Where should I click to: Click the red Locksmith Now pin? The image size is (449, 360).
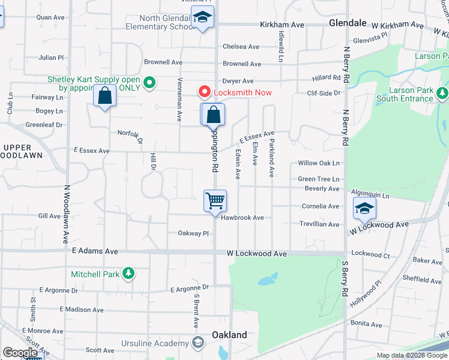coord(204,92)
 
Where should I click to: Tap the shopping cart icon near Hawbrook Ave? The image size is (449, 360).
coord(215,201)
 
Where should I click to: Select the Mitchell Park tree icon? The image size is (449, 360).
coord(128,274)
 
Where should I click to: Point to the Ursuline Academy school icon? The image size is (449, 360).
coord(198,343)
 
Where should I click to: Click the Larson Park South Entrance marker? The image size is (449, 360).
coord(442,93)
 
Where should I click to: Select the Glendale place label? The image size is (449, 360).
coord(348,23)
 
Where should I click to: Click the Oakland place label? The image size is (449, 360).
coord(229,334)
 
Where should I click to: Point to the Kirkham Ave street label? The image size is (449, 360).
coord(282,25)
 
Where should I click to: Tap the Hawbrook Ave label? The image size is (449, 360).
coord(243,218)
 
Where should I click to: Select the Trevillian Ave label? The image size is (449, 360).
coord(319,224)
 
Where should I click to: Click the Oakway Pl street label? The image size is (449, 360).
coord(193,233)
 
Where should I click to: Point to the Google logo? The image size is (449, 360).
coord(20,353)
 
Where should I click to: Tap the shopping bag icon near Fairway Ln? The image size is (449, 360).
coord(104,96)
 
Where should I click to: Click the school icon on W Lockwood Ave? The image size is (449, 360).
coord(364,209)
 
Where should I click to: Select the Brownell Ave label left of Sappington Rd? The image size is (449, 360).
coord(163,62)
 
